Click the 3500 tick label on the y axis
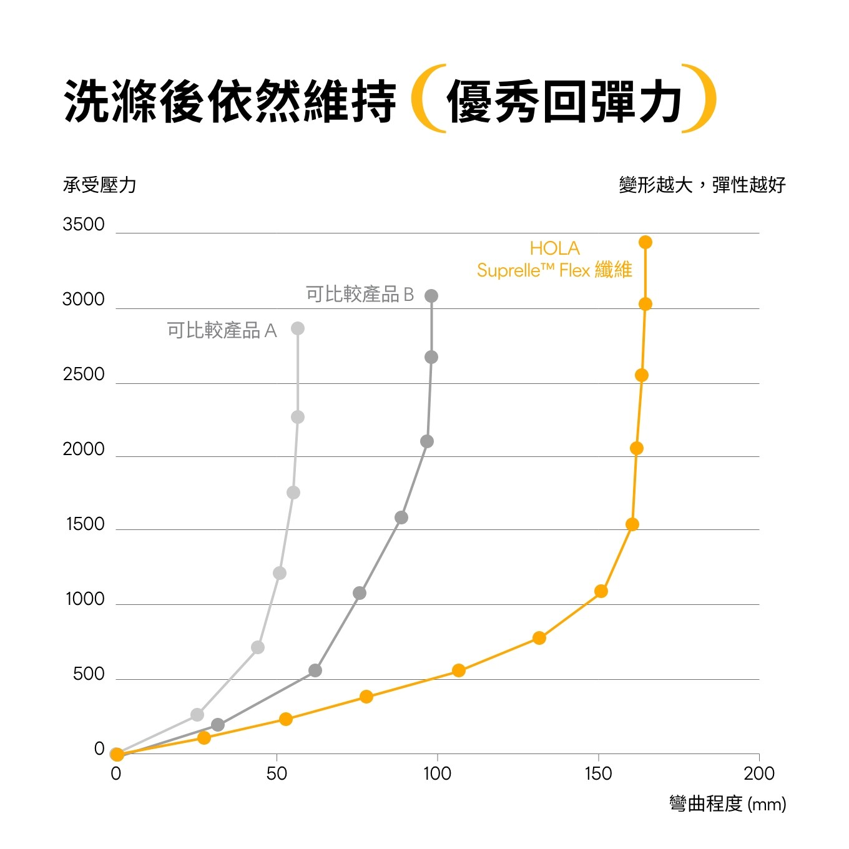click(x=84, y=225)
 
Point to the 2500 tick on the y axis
click(x=84, y=375)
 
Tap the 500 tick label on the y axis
click(x=89, y=674)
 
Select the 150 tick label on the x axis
click(x=598, y=774)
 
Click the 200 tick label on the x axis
click(x=759, y=774)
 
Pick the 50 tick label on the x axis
click(x=277, y=774)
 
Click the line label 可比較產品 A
click(x=222, y=330)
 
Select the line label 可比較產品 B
click(x=360, y=294)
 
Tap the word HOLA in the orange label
click(x=554, y=248)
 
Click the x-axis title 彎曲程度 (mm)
click(x=727, y=803)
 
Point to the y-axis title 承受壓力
click(x=99, y=185)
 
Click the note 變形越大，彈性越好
click(x=702, y=185)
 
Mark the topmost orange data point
click(x=645, y=242)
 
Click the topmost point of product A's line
click(x=298, y=328)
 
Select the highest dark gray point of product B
click(x=431, y=296)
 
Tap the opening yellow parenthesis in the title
click(x=426, y=99)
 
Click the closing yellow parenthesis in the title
click(x=701, y=99)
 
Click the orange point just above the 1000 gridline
click(x=601, y=591)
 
